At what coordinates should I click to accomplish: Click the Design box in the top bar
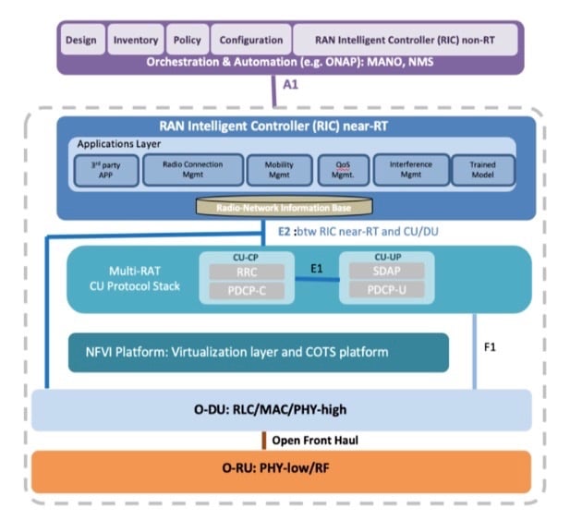pos(81,41)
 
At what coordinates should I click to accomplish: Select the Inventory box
pos(136,41)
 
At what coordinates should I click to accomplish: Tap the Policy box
pos(188,41)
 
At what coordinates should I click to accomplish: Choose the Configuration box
pos(250,41)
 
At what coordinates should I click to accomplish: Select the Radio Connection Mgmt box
pos(192,170)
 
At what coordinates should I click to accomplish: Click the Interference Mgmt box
pos(411,170)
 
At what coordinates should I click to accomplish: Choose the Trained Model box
pos(482,170)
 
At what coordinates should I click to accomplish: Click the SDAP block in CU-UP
pos(385,272)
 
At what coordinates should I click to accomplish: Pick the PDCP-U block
pos(385,293)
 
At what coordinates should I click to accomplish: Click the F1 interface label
pos(491,350)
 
